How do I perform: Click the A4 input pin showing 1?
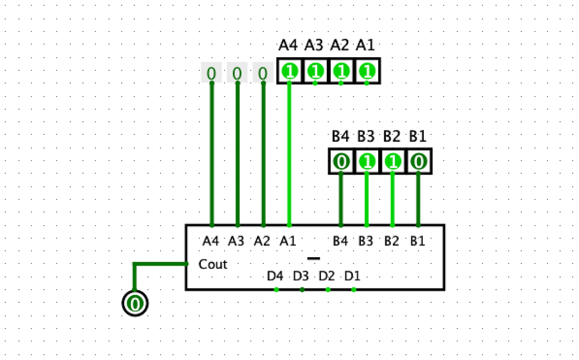click(290, 71)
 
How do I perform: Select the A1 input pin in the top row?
click(367, 71)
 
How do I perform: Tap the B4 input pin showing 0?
click(341, 162)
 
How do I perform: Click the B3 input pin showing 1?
click(367, 162)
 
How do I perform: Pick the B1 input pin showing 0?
click(418, 162)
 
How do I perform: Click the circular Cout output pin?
click(135, 303)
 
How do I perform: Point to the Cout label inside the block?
click(213, 264)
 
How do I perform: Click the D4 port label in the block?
click(275, 276)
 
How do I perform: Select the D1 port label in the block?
click(352, 276)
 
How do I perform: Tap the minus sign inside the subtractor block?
click(314, 258)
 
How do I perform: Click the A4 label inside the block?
click(211, 241)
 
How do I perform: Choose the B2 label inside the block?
click(392, 241)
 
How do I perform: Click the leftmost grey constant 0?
click(211, 72)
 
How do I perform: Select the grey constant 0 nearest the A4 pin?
click(263, 72)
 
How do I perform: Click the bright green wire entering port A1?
click(290, 157)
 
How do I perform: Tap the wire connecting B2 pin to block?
click(392, 199)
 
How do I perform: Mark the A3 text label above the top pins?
click(314, 46)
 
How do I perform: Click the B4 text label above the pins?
click(340, 137)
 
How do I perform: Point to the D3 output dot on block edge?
click(302, 290)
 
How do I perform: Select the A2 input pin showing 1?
click(341, 71)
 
